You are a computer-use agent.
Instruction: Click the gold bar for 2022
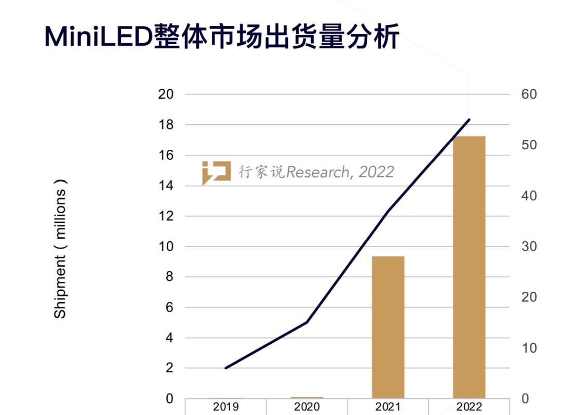(469, 267)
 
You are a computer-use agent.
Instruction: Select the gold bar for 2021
(388, 327)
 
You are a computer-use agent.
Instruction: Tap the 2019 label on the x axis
(226, 407)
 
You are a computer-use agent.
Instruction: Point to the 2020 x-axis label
(307, 407)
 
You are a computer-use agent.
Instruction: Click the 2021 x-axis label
(388, 407)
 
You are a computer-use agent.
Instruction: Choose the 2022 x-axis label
(469, 407)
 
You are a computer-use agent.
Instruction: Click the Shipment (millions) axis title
(61, 249)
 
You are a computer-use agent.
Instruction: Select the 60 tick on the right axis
(528, 95)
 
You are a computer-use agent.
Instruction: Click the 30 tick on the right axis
(528, 247)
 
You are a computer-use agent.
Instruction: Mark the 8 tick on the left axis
(169, 277)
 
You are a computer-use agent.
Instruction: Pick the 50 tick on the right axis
(528, 145)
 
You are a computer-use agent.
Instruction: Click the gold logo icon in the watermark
(216, 173)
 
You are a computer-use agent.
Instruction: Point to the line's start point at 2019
(226, 368)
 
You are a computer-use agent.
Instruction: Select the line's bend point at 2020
(307, 322)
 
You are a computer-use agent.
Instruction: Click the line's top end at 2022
(469, 120)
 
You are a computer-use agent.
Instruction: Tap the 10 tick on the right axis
(528, 348)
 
